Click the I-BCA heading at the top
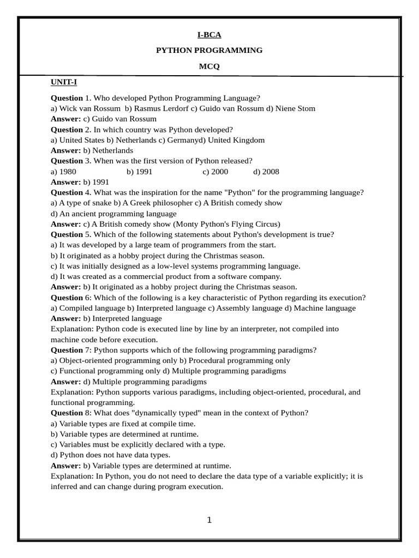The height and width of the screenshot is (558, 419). pos(209,35)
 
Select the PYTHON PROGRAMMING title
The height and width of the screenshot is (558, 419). pos(209,50)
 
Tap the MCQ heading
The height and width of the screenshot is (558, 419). pos(209,66)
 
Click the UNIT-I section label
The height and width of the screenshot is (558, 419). pos(64,82)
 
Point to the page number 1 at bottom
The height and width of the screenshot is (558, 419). pos(209,520)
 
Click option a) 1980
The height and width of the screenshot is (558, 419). pos(63,172)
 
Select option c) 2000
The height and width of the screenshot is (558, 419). pos(216,172)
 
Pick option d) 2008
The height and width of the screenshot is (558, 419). pos(266,172)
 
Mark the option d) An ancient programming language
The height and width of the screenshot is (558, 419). pos(113,214)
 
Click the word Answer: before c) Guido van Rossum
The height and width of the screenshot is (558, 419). pos(65,119)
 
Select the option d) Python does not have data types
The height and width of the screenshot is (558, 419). pos(110,455)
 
